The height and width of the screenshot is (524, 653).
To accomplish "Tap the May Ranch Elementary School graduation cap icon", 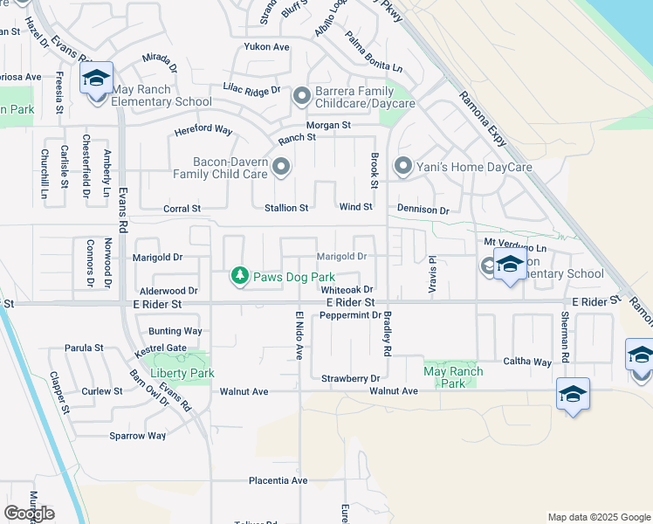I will tap(96, 79).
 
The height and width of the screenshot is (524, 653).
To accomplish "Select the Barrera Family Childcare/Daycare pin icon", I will tap(302, 95).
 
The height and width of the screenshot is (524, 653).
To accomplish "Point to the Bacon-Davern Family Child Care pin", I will tap(281, 166).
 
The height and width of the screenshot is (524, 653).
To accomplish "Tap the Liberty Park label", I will tap(182, 373).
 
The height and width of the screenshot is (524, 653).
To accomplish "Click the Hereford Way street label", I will tap(203, 130).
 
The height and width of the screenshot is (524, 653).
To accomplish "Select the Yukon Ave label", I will tap(266, 46).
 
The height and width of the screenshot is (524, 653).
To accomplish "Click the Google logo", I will tap(30, 514).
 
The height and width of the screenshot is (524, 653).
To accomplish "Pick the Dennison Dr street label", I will tap(423, 210).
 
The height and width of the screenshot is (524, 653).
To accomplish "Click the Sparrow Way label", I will tap(138, 436).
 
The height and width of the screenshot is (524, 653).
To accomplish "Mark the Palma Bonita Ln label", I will tap(374, 53).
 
